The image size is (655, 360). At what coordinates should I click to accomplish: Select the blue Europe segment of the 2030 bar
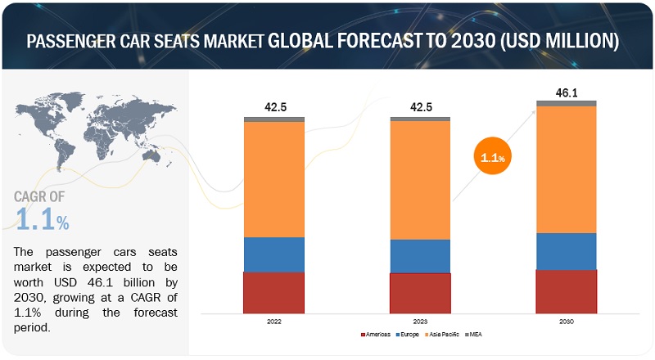pyautogui.click(x=567, y=251)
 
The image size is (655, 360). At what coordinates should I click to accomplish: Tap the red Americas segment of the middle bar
pyautogui.click(x=420, y=293)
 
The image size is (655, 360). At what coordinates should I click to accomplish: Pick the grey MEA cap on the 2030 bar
pyautogui.click(x=567, y=103)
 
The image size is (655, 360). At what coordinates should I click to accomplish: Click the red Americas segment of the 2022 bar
pyautogui.click(x=274, y=292)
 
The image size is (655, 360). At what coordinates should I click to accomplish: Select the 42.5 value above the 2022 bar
pyautogui.click(x=274, y=106)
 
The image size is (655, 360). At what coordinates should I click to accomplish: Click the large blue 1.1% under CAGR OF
pyautogui.click(x=42, y=219)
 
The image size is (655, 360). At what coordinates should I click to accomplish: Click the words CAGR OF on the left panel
pyautogui.click(x=40, y=196)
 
